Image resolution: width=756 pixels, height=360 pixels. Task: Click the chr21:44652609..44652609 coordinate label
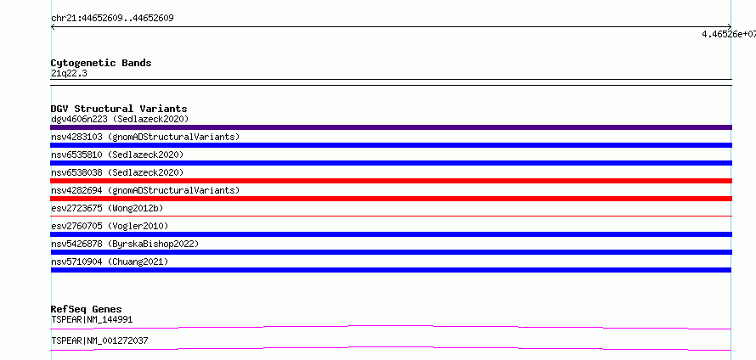tap(112, 19)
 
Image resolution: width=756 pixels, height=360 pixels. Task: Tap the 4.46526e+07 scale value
tap(729, 34)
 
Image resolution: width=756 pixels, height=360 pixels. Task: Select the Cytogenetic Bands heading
tap(101, 63)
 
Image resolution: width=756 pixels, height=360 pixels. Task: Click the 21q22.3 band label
tap(69, 73)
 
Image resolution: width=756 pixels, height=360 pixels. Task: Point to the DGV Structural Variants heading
tap(119, 109)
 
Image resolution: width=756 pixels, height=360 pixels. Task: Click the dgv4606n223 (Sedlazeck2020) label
tap(120, 119)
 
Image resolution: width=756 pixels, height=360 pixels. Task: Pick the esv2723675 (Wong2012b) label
tap(107, 208)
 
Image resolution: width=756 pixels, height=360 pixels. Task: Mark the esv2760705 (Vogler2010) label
tap(110, 226)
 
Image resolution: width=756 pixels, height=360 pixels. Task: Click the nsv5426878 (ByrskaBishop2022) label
tap(125, 244)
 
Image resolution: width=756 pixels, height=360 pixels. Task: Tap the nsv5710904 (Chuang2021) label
tap(110, 262)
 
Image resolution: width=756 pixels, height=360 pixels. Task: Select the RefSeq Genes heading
tap(87, 309)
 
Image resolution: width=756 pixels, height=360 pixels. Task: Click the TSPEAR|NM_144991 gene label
tap(92, 319)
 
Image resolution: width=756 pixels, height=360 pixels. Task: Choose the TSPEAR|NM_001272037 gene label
tap(99, 340)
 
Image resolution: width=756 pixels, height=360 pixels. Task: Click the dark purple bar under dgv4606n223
tap(391, 127)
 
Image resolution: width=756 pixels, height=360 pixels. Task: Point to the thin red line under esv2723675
tap(391, 217)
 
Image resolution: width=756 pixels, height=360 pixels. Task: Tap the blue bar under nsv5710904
tap(391, 270)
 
